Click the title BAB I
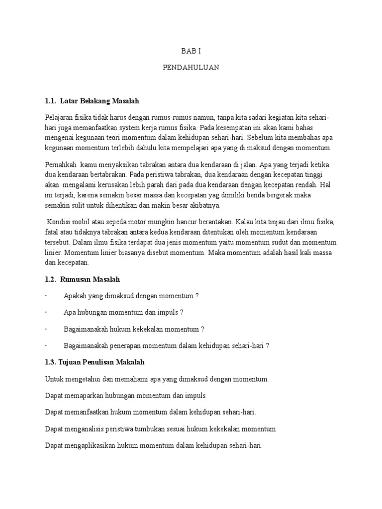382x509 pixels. [191, 51]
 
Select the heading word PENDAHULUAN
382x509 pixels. [191, 68]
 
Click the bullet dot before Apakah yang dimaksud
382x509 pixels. [46, 296]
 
